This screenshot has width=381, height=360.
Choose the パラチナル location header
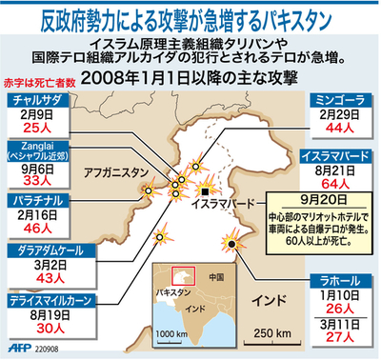coord(35,201)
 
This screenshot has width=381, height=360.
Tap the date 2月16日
coord(35,216)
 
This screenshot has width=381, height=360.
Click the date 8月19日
coord(35,313)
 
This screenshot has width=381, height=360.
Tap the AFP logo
coord(17,349)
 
